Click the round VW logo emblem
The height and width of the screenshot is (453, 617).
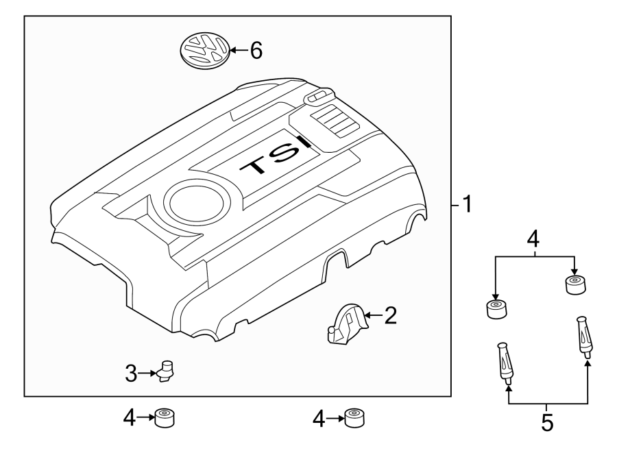point(204,51)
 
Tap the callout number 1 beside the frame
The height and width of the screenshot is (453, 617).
point(465,204)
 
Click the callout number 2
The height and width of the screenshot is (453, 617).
point(390,315)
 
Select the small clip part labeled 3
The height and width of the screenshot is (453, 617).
point(167,369)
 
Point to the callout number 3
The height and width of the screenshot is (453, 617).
point(131,374)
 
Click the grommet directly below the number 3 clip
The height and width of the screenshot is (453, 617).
point(165,417)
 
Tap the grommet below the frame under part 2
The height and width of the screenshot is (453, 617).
point(353,417)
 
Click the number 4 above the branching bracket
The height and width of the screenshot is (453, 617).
point(534,240)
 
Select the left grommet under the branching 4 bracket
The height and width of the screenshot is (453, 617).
point(496,309)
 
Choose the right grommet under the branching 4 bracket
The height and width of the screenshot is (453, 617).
point(574,284)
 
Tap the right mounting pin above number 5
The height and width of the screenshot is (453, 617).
point(584,337)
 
